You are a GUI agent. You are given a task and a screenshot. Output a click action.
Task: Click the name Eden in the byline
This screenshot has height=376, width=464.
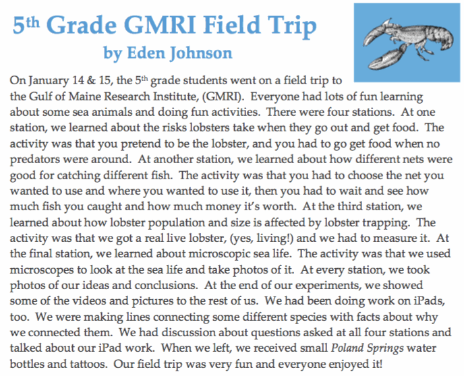click(x=146, y=53)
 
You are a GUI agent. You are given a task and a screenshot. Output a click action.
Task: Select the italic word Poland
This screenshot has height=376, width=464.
click(x=347, y=348)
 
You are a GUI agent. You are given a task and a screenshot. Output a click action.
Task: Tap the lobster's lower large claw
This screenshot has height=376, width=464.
click(x=386, y=58)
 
